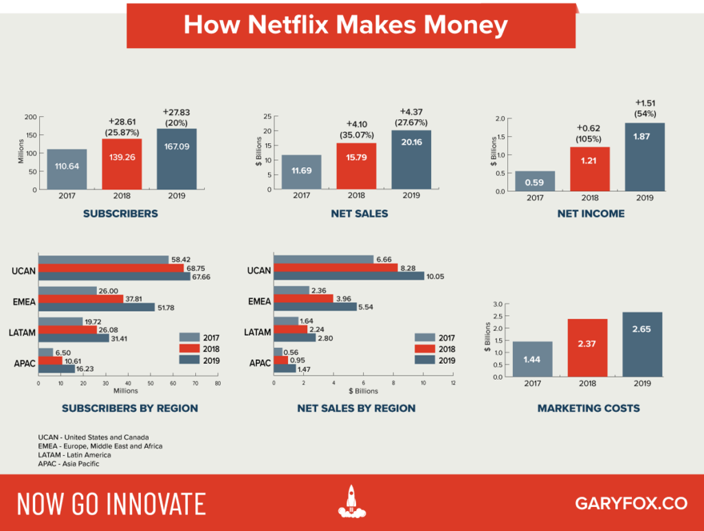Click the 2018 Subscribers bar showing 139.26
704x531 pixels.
pos(122,164)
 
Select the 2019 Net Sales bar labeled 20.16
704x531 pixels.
pos(411,160)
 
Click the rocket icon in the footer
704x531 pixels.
pos(351,502)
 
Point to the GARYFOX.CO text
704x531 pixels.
pos(630,503)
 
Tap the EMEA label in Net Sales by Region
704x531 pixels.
pos(258,302)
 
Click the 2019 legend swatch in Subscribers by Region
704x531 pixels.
pos(190,360)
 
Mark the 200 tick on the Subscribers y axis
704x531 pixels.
pos(30,116)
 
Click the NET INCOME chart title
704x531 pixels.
pos(591,214)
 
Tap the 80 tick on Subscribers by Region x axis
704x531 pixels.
pos(217,384)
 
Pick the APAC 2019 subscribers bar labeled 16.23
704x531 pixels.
pos(56,369)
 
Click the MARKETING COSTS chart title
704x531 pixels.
pos(588,408)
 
